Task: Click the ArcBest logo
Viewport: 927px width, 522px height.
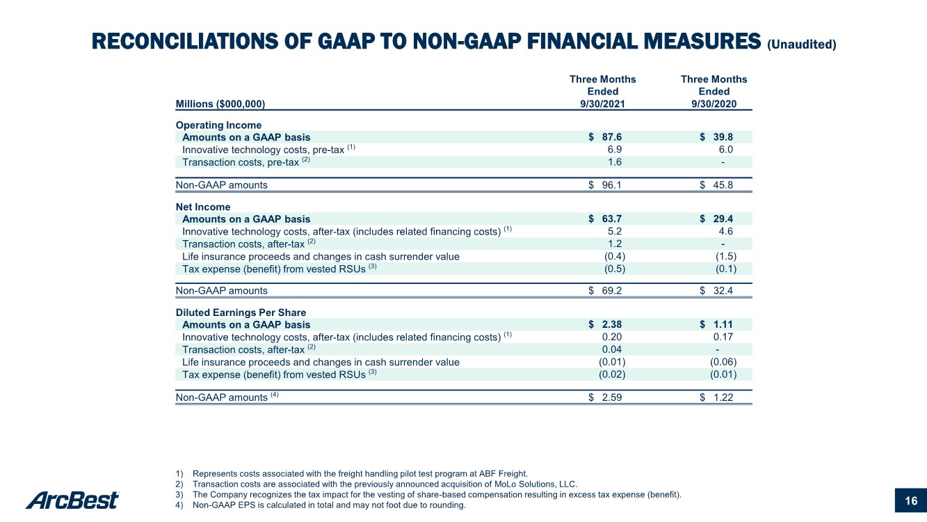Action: (x=72, y=500)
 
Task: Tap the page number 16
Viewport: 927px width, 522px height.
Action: (x=911, y=501)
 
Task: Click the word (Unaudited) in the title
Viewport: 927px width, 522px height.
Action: (x=802, y=45)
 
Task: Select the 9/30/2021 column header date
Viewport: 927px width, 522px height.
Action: (x=602, y=104)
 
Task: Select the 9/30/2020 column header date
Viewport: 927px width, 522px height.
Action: (x=714, y=104)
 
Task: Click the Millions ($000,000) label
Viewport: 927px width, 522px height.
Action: (x=220, y=104)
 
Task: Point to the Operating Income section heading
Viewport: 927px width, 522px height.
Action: (x=218, y=125)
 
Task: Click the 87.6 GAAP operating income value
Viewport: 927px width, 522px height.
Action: (x=612, y=136)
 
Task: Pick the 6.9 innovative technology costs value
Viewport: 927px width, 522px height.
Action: (x=615, y=149)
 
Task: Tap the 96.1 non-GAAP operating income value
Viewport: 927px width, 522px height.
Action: (x=612, y=184)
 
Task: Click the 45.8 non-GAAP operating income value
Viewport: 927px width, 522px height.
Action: (x=723, y=184)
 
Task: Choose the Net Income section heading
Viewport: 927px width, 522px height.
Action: (x=203, y=207)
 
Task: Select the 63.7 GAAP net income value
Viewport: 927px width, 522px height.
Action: (x=612, y=219)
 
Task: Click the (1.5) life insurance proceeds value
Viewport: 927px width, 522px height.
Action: (x=726, y=256)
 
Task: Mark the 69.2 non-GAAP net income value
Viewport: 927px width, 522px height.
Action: (x=612, y=290)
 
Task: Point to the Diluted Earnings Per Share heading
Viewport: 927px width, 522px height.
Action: (x=241, y=313)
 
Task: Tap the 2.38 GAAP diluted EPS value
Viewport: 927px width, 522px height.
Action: (x=612, y=324)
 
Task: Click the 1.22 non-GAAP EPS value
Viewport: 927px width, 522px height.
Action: (x=723, y=397)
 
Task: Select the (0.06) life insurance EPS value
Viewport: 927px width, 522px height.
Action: (x=723, y=362)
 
